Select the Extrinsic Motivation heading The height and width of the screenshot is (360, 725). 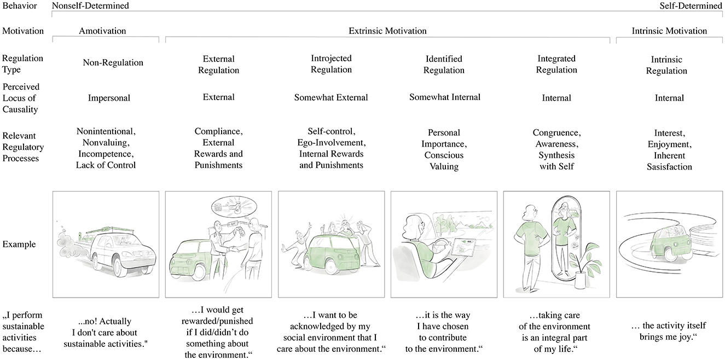pyautogui.click(x=387, y=31)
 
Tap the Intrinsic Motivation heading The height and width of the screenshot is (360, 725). pyautogui.click(x=669, y=31)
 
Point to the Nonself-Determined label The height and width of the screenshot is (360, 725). pyautogui.click(x=90, y=6)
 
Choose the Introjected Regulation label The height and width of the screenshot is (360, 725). pyautogui.click(x=331, y=64)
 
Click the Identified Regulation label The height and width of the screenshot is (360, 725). pyautogui.click(x=444, y=65)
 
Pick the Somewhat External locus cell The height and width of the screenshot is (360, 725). pyautogui.click(x=331, y=97)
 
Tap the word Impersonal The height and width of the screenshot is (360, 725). pyautogui.click(x=109, y=98)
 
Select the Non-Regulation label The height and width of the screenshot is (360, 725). pyautogui.click(x=113, y=62)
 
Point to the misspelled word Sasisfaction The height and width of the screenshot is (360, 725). pyautogui.click(x=669, y=167)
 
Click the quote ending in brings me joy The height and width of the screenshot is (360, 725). pyautogui.click(x=669, y=331)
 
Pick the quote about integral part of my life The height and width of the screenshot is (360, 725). pyautogui.click(x=556, y=331)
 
